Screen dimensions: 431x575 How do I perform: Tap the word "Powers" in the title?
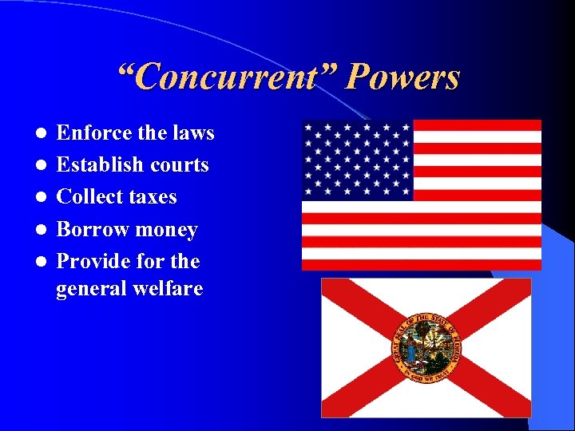coord(403,78)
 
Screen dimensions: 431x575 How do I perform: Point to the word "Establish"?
coord(100,165)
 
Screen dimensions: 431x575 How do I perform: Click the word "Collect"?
coord(90,196)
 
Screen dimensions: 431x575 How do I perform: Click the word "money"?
coord(166,231)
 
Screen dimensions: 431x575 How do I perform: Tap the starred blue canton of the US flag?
coord(357,160)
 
